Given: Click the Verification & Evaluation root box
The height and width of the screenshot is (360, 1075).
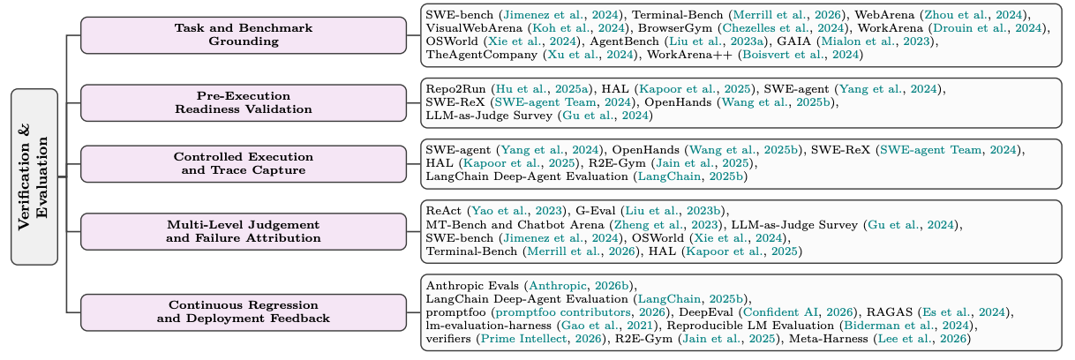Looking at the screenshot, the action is (x=34, y=176).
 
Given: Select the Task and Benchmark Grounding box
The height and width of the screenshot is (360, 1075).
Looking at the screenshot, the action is (x=244, y=35).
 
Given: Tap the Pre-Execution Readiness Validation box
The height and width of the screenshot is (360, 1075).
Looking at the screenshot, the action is (x=244, y=102).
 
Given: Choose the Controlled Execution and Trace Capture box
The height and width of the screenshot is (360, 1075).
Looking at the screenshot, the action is (x=244, y=164).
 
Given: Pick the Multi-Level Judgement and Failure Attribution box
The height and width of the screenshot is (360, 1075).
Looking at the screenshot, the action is (x=244, y=231).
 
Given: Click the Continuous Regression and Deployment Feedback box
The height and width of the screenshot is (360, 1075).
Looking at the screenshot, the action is (x=244, y=312).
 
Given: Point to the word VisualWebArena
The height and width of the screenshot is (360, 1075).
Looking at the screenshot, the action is (x=474, y=28).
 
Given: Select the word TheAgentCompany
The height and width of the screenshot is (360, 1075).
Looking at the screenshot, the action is (x=481, y=55).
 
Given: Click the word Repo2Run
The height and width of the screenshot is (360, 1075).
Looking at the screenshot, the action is (x=455, y=89).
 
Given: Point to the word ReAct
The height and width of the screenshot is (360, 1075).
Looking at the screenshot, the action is (x=443, y=211).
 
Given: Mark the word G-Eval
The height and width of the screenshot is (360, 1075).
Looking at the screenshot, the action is (x=595, y=211).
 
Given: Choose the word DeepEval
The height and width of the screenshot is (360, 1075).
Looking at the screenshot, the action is (x=706, y=312).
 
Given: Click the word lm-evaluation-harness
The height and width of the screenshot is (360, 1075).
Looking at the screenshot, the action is (x=489, y=326).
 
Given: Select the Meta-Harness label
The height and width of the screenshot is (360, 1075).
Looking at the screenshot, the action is (x=829, y=339).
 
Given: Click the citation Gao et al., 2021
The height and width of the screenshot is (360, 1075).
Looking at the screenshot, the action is (x=606, y=326).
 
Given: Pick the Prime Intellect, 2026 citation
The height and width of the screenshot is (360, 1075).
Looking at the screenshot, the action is (x=541, y=339).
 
